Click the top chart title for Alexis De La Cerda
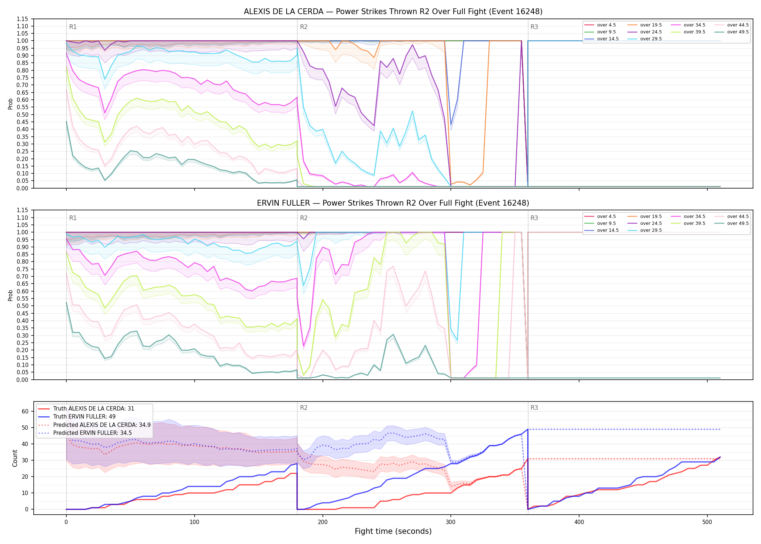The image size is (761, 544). [x=393, y=12]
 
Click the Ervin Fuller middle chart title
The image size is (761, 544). [x=393, y=203]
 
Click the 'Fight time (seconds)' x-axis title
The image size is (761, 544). [x=393, y=531]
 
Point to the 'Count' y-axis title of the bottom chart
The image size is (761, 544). [x=15, y=458]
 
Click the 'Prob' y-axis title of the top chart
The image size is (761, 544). [x=11, y=104]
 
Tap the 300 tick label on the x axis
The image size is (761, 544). [x=451, y=522]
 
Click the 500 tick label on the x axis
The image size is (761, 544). [x=707, y=522]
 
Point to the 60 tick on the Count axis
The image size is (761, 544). [x=25, y=411]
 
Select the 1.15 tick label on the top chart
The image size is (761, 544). [x=22, y=19]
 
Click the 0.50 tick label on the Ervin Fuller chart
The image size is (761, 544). [x=22, y=306]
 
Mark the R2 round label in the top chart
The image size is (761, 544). [x=304, y=27]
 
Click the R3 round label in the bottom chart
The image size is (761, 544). [x=534, y=408]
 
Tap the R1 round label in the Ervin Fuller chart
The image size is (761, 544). [x=73, y=218]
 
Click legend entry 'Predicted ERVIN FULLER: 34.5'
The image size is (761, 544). [x=92, y=433]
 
